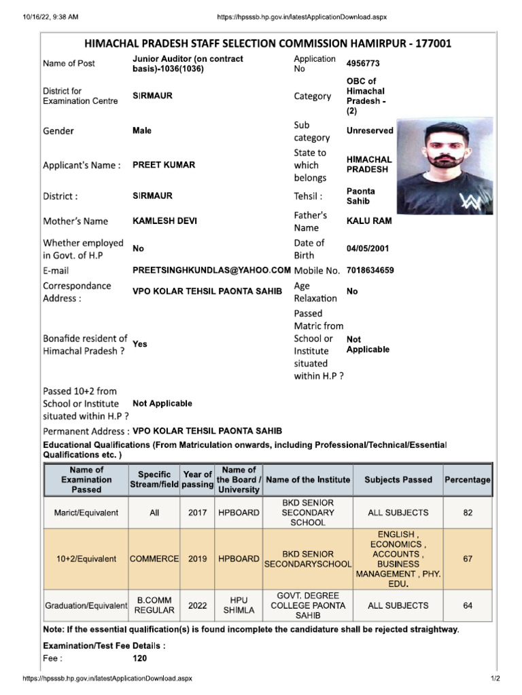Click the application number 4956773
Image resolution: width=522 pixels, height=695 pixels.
363,63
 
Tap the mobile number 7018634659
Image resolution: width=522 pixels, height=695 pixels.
370,270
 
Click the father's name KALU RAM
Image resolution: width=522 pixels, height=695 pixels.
369,221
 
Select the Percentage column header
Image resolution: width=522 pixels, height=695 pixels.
467,480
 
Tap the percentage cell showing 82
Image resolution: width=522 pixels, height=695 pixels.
468,513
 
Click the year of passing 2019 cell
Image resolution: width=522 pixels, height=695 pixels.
198,559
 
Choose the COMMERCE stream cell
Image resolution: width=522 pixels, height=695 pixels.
154,559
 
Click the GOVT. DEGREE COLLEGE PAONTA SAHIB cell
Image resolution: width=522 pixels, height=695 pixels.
308,605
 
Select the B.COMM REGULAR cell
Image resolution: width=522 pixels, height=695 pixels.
154,605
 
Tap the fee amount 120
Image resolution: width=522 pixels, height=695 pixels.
139,658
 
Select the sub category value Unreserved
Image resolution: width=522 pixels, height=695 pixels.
370,130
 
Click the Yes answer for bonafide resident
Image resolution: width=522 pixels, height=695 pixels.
139,344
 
